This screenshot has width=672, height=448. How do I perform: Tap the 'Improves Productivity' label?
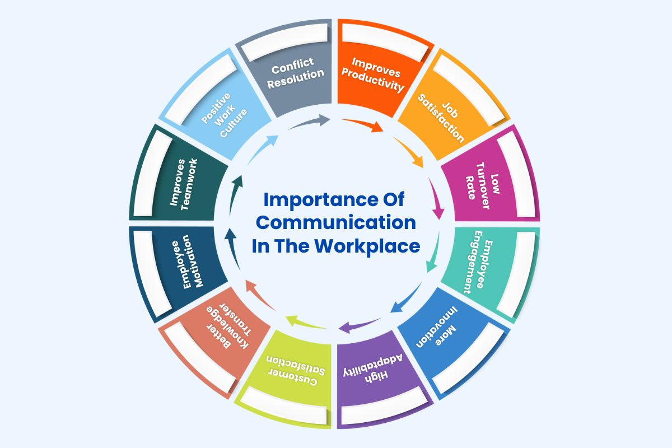[x=376, y=73]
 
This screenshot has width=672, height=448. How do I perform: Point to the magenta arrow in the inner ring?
[x=436, y=199]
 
